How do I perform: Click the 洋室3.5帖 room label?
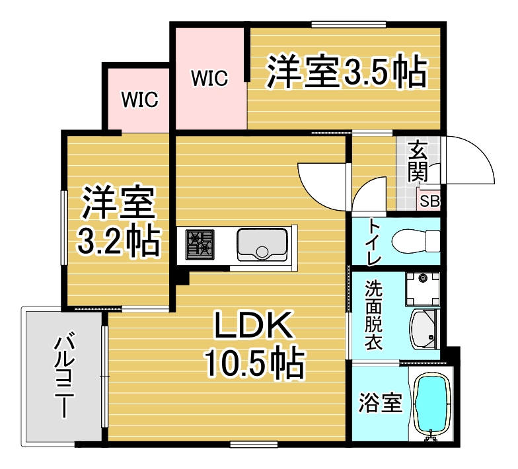click(346, 71)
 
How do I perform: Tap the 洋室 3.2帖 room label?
click(118, 222)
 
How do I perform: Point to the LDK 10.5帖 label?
click(254, 344)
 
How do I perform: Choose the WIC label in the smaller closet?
click(140, 99)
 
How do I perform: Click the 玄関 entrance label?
click(418, 161)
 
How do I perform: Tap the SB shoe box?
click(429, 201)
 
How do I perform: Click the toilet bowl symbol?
click(416, 241)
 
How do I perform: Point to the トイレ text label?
click(374, 242)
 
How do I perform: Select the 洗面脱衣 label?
click(374, 315)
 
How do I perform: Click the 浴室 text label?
click(381, 403)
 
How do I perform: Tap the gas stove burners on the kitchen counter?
click(200, 244)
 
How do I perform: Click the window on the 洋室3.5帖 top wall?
click(349, 24)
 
